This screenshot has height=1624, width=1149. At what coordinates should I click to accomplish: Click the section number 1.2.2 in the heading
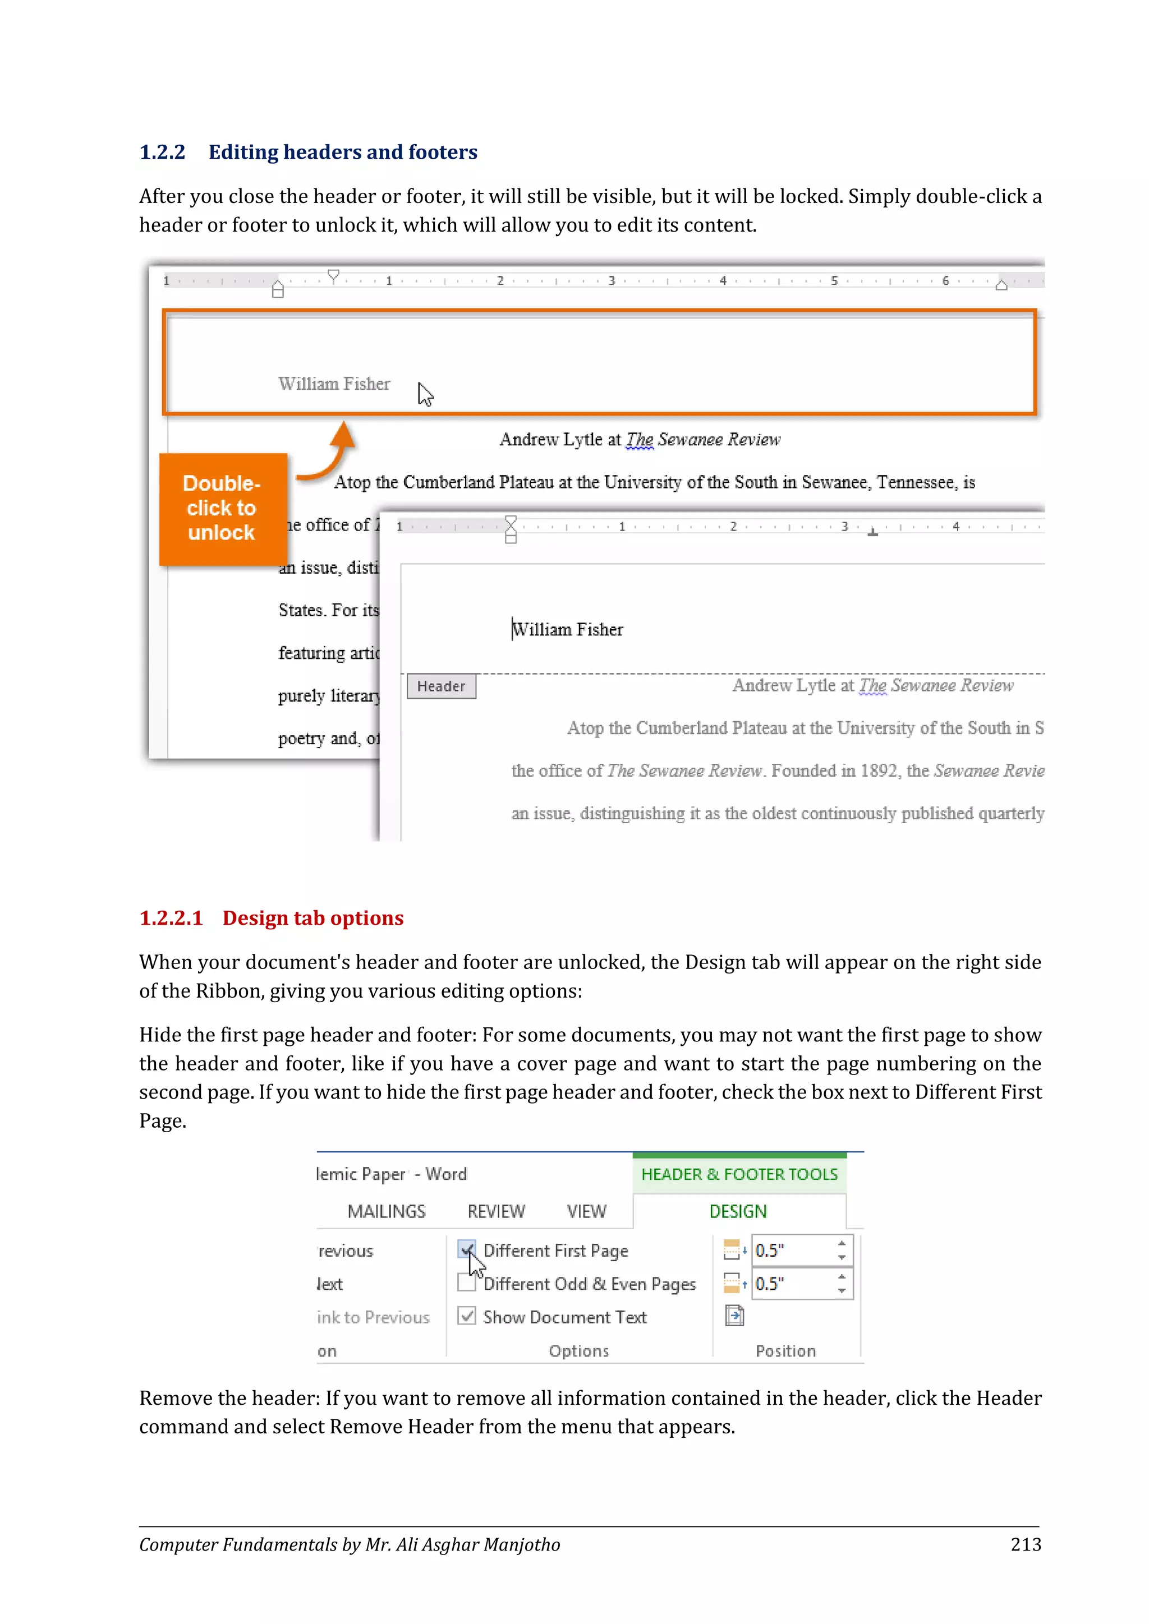coord(162,152)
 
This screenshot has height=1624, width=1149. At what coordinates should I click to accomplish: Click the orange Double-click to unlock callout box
coord(222,509)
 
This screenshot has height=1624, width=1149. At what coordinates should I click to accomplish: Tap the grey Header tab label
coord(441,686)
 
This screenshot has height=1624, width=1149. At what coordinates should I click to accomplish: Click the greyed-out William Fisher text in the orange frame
coord(334,384)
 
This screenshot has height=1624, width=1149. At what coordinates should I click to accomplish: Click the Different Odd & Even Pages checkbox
coord(466,1283)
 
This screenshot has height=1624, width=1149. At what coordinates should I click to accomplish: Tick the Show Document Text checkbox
coord(466,1316)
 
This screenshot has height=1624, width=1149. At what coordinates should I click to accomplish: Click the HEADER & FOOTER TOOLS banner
coord(739,1174)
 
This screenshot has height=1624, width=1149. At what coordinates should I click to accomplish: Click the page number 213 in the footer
coord(1025,1545)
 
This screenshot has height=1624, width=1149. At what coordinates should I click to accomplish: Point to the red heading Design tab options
coord(312,918)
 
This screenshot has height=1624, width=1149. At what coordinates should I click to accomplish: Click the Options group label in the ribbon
coord(579,1351)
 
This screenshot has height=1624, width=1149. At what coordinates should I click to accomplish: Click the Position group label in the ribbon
coord(785,1351)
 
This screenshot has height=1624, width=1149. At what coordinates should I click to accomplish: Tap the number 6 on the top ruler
coord(945,281)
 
